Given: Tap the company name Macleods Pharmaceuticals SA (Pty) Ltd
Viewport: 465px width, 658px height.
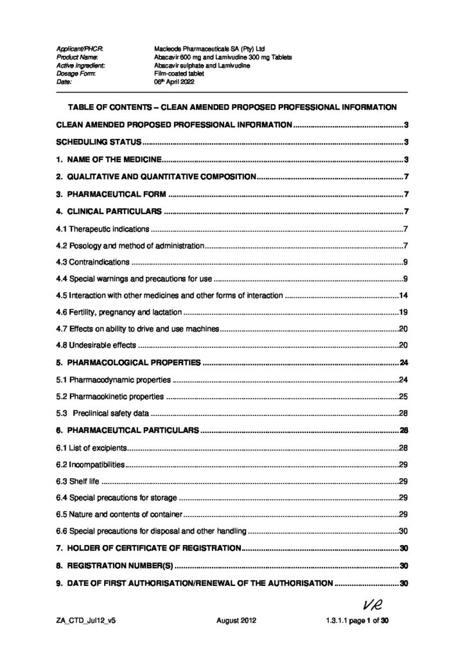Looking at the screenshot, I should pos(205,48).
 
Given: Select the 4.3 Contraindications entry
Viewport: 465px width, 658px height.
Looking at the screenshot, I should pos(94,262).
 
